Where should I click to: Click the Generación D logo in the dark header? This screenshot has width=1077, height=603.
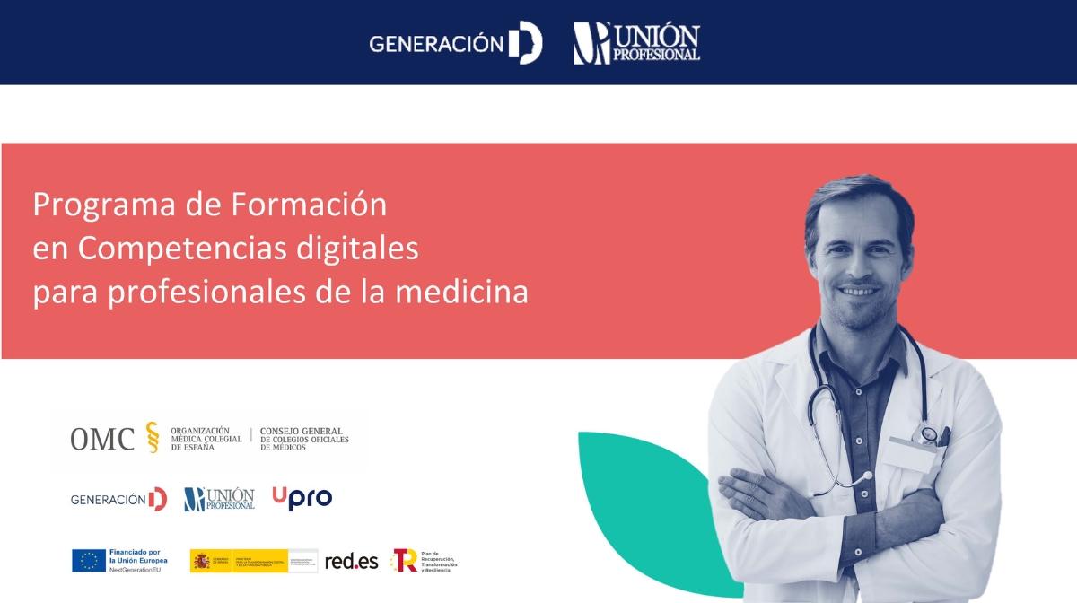coord(455,43)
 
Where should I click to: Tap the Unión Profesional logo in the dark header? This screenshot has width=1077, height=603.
coord(636,43)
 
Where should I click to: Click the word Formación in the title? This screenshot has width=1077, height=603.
coord(310,205)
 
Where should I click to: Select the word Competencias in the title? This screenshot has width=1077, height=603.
coord(170,249)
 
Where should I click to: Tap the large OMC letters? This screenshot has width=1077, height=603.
coord(102,439)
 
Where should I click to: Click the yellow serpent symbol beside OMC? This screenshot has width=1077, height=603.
coord(152,437)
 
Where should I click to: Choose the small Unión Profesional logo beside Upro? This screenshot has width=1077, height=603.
coord(219,499)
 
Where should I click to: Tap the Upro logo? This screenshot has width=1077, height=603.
coord(302,498)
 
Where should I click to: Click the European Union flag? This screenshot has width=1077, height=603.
coord(89,560)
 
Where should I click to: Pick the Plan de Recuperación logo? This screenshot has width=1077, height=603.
coord(424,561)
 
